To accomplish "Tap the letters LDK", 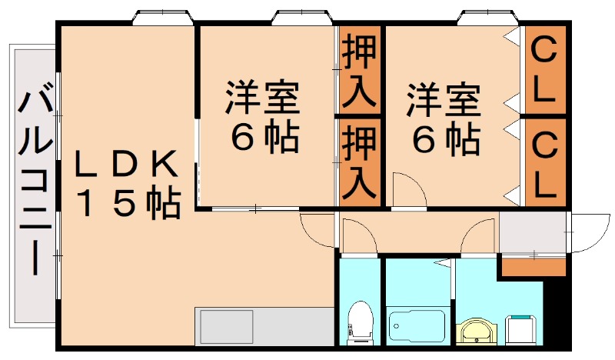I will (x=128, y=164).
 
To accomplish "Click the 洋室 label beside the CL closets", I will (x=444, y=98).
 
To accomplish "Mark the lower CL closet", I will (x=545, y=162).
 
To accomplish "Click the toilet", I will (x=359, y=322).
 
